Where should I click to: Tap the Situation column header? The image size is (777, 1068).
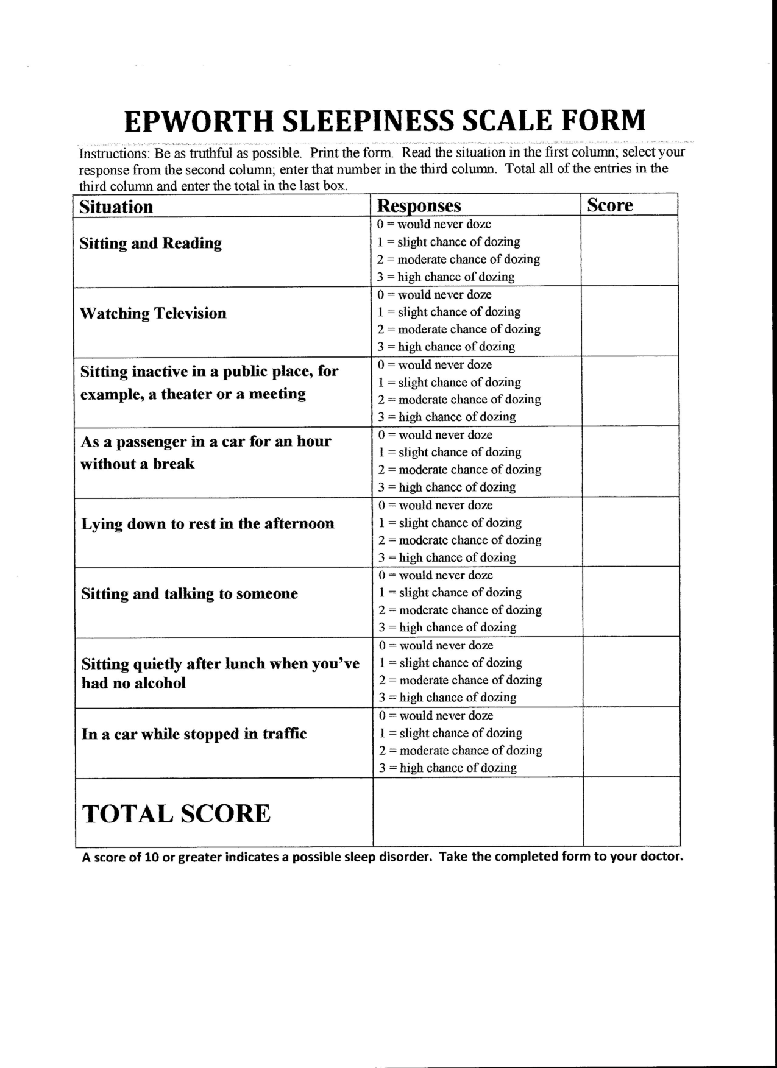116,207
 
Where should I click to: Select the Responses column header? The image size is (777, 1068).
419,206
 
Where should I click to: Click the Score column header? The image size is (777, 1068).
610,205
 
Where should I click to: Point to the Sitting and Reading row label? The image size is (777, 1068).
151,243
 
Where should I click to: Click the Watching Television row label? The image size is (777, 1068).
154,313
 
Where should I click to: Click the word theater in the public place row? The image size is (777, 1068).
188,394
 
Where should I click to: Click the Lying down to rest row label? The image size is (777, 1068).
208,524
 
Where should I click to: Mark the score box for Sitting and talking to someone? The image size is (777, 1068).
631,602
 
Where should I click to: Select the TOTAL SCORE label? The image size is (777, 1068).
176,814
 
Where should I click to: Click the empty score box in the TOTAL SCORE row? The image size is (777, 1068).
631,812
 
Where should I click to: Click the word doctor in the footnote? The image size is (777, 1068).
659,857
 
